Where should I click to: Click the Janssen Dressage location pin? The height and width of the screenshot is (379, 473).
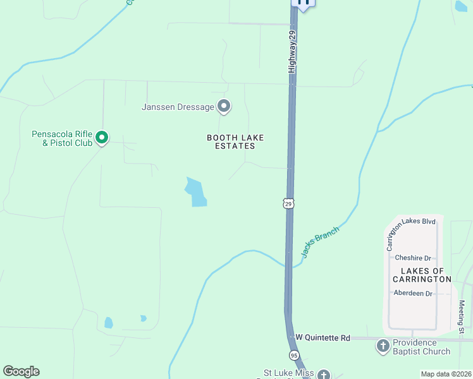tap(224, 107)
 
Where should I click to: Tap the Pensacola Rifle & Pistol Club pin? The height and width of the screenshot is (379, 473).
tap(102, 137)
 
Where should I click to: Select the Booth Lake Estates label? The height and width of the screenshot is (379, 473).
tap(235, 141)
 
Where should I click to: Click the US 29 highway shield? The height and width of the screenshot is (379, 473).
tap(288, 203)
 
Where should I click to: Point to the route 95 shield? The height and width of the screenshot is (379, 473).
tap(294, 355)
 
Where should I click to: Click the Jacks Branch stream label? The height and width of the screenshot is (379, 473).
tap(320, 242)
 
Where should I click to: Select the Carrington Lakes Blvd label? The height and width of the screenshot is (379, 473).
tap(411, 232)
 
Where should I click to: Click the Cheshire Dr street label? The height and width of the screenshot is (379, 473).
tap(412, 258)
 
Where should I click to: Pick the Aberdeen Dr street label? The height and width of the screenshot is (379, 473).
tap(412, 293)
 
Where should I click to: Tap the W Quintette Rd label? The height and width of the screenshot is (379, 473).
tap(322, 338)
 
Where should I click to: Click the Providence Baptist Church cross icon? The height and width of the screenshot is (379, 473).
tap(383, 346)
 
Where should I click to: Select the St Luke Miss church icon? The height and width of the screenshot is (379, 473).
tap(323, 375)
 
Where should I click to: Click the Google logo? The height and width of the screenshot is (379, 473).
tap(21, 371)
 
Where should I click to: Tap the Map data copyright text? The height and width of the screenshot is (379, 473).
tap(445, 374)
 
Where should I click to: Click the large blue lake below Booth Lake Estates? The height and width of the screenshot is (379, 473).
tap(195, 192)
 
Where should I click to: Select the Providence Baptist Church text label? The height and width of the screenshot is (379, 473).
tap(422, 347)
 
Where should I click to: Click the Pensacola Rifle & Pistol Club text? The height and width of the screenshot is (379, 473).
tap(62, 138)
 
